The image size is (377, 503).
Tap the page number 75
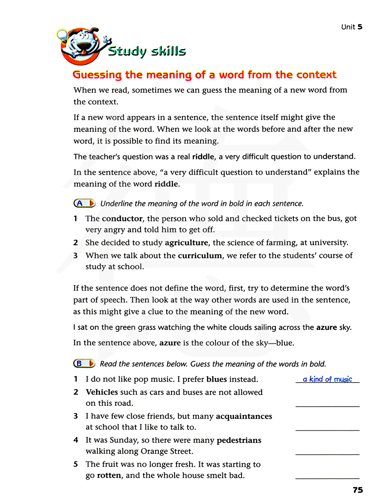coord(358,490)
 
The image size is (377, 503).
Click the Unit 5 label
coord(351,27)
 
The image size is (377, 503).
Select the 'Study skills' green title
coord(147,51)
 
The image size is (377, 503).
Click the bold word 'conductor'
coord(122,219)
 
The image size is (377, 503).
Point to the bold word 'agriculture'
coord(186,243)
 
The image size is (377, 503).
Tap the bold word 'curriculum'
coord(200,256)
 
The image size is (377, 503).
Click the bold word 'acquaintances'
coord(244,416)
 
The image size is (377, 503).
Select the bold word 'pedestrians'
coord(239,441)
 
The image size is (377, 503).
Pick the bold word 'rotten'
coord(109,476)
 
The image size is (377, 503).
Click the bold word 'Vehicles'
coord(102,392)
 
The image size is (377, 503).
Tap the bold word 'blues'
coord(216,380)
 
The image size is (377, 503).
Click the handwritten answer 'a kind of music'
coord(327,379)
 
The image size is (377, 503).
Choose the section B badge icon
coord(84,364)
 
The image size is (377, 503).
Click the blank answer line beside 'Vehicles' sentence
coord(327,406)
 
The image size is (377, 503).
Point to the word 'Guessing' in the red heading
coord(97,75)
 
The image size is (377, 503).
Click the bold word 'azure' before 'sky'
coord(326,328)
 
